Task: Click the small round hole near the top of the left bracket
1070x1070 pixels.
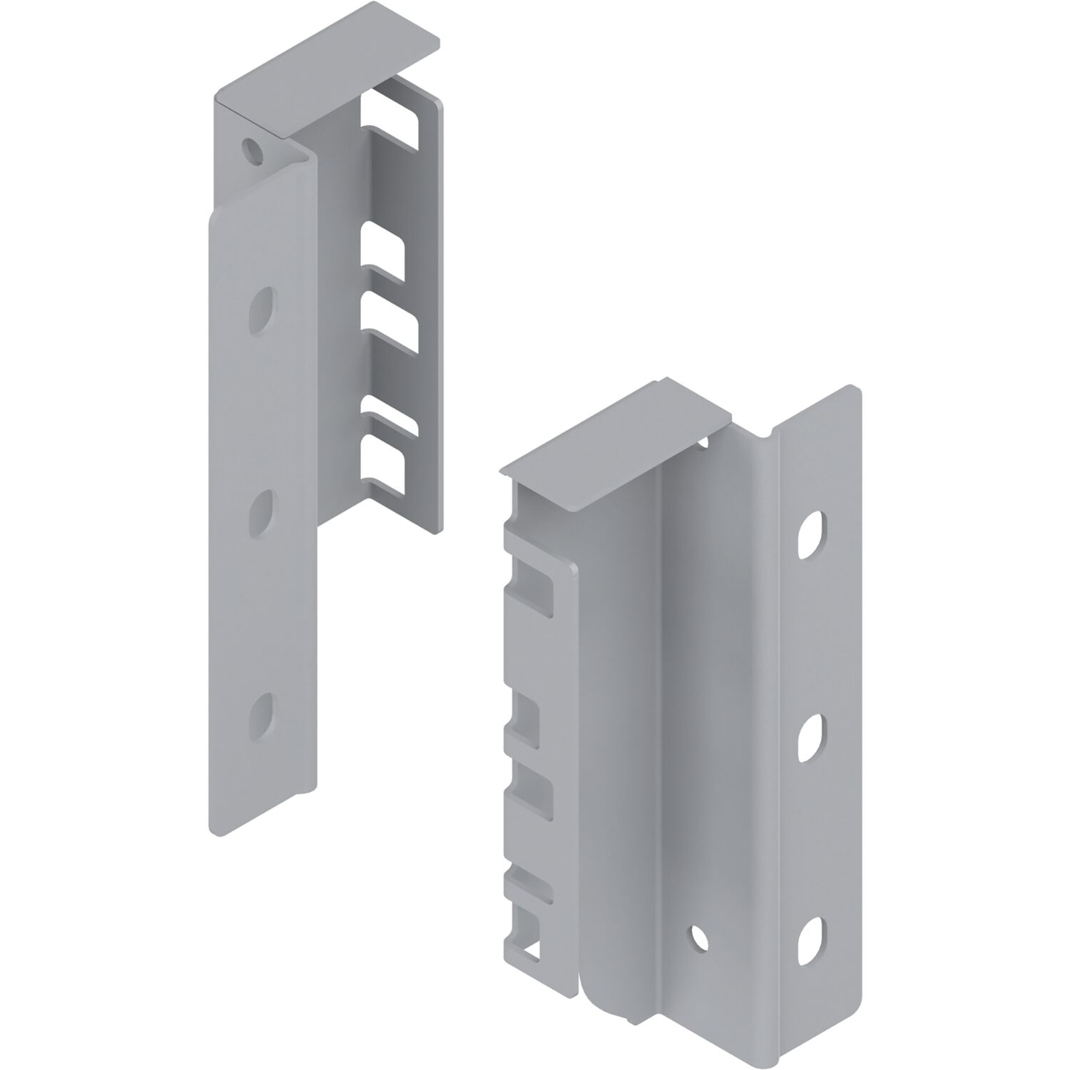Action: point(250,149)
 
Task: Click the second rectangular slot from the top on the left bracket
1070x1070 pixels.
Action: point(384,248)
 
